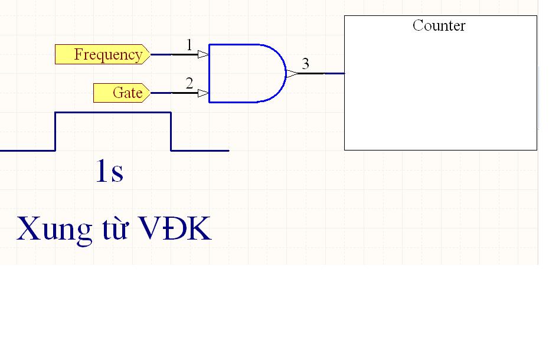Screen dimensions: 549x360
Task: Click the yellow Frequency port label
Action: click(x=103, y=54)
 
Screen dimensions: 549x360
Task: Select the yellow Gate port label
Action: click(x=122, y=93)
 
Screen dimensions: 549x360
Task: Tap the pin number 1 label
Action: click(x=189, y=45)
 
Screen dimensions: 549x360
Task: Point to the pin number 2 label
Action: click(x=189, y=83)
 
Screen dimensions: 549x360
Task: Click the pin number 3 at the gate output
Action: click(x=306, y=64)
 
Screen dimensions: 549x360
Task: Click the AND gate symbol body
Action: click(x=247, y=74)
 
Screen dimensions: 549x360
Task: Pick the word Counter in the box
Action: click(x=439, y=25)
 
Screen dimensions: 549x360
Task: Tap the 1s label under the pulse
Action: click(x=110, y=171)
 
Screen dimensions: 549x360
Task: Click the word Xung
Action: click(x=54, y=229)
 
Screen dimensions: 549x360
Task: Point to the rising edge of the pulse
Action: click(x=55, y=132)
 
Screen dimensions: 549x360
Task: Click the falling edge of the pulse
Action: click(x=171, y=132)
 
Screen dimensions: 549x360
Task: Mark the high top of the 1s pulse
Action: click(x=113, y=112)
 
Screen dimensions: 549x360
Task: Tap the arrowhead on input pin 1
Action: click(x=204, y=54)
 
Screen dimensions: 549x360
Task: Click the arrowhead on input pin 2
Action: click(x=204, y=93)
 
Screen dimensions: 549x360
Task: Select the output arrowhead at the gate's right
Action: click(x=293, y=74)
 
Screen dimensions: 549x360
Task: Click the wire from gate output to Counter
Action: click(x=321, y=74)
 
